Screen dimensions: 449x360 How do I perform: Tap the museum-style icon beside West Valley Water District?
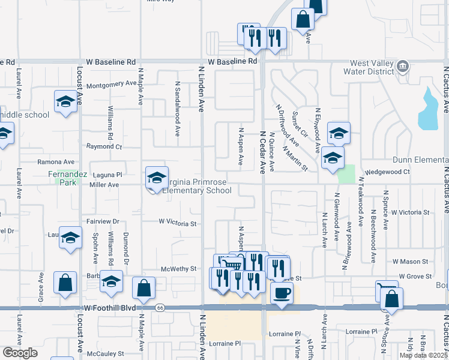[403, 65]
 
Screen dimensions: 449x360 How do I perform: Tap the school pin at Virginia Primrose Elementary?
[157, 178]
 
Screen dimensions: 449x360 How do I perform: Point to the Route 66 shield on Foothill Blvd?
[160, 308]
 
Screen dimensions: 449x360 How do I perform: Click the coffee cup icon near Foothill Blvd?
[282, 293]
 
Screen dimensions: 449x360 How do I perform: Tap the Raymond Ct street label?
[104, 146]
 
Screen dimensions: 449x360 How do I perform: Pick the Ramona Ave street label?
[56, 162]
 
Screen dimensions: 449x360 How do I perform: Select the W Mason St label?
[410, 262]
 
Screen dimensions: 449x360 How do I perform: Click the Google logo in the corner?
[20, 353]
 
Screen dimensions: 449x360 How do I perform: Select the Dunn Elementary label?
[420, 160]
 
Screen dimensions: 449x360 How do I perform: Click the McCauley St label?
[105, 354]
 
